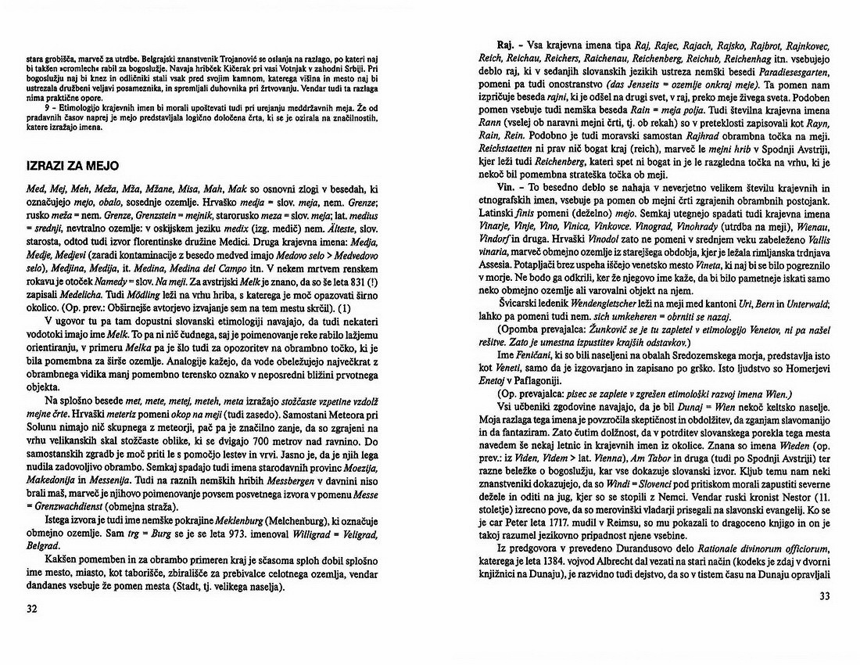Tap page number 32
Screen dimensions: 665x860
(x=32, y=609)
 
